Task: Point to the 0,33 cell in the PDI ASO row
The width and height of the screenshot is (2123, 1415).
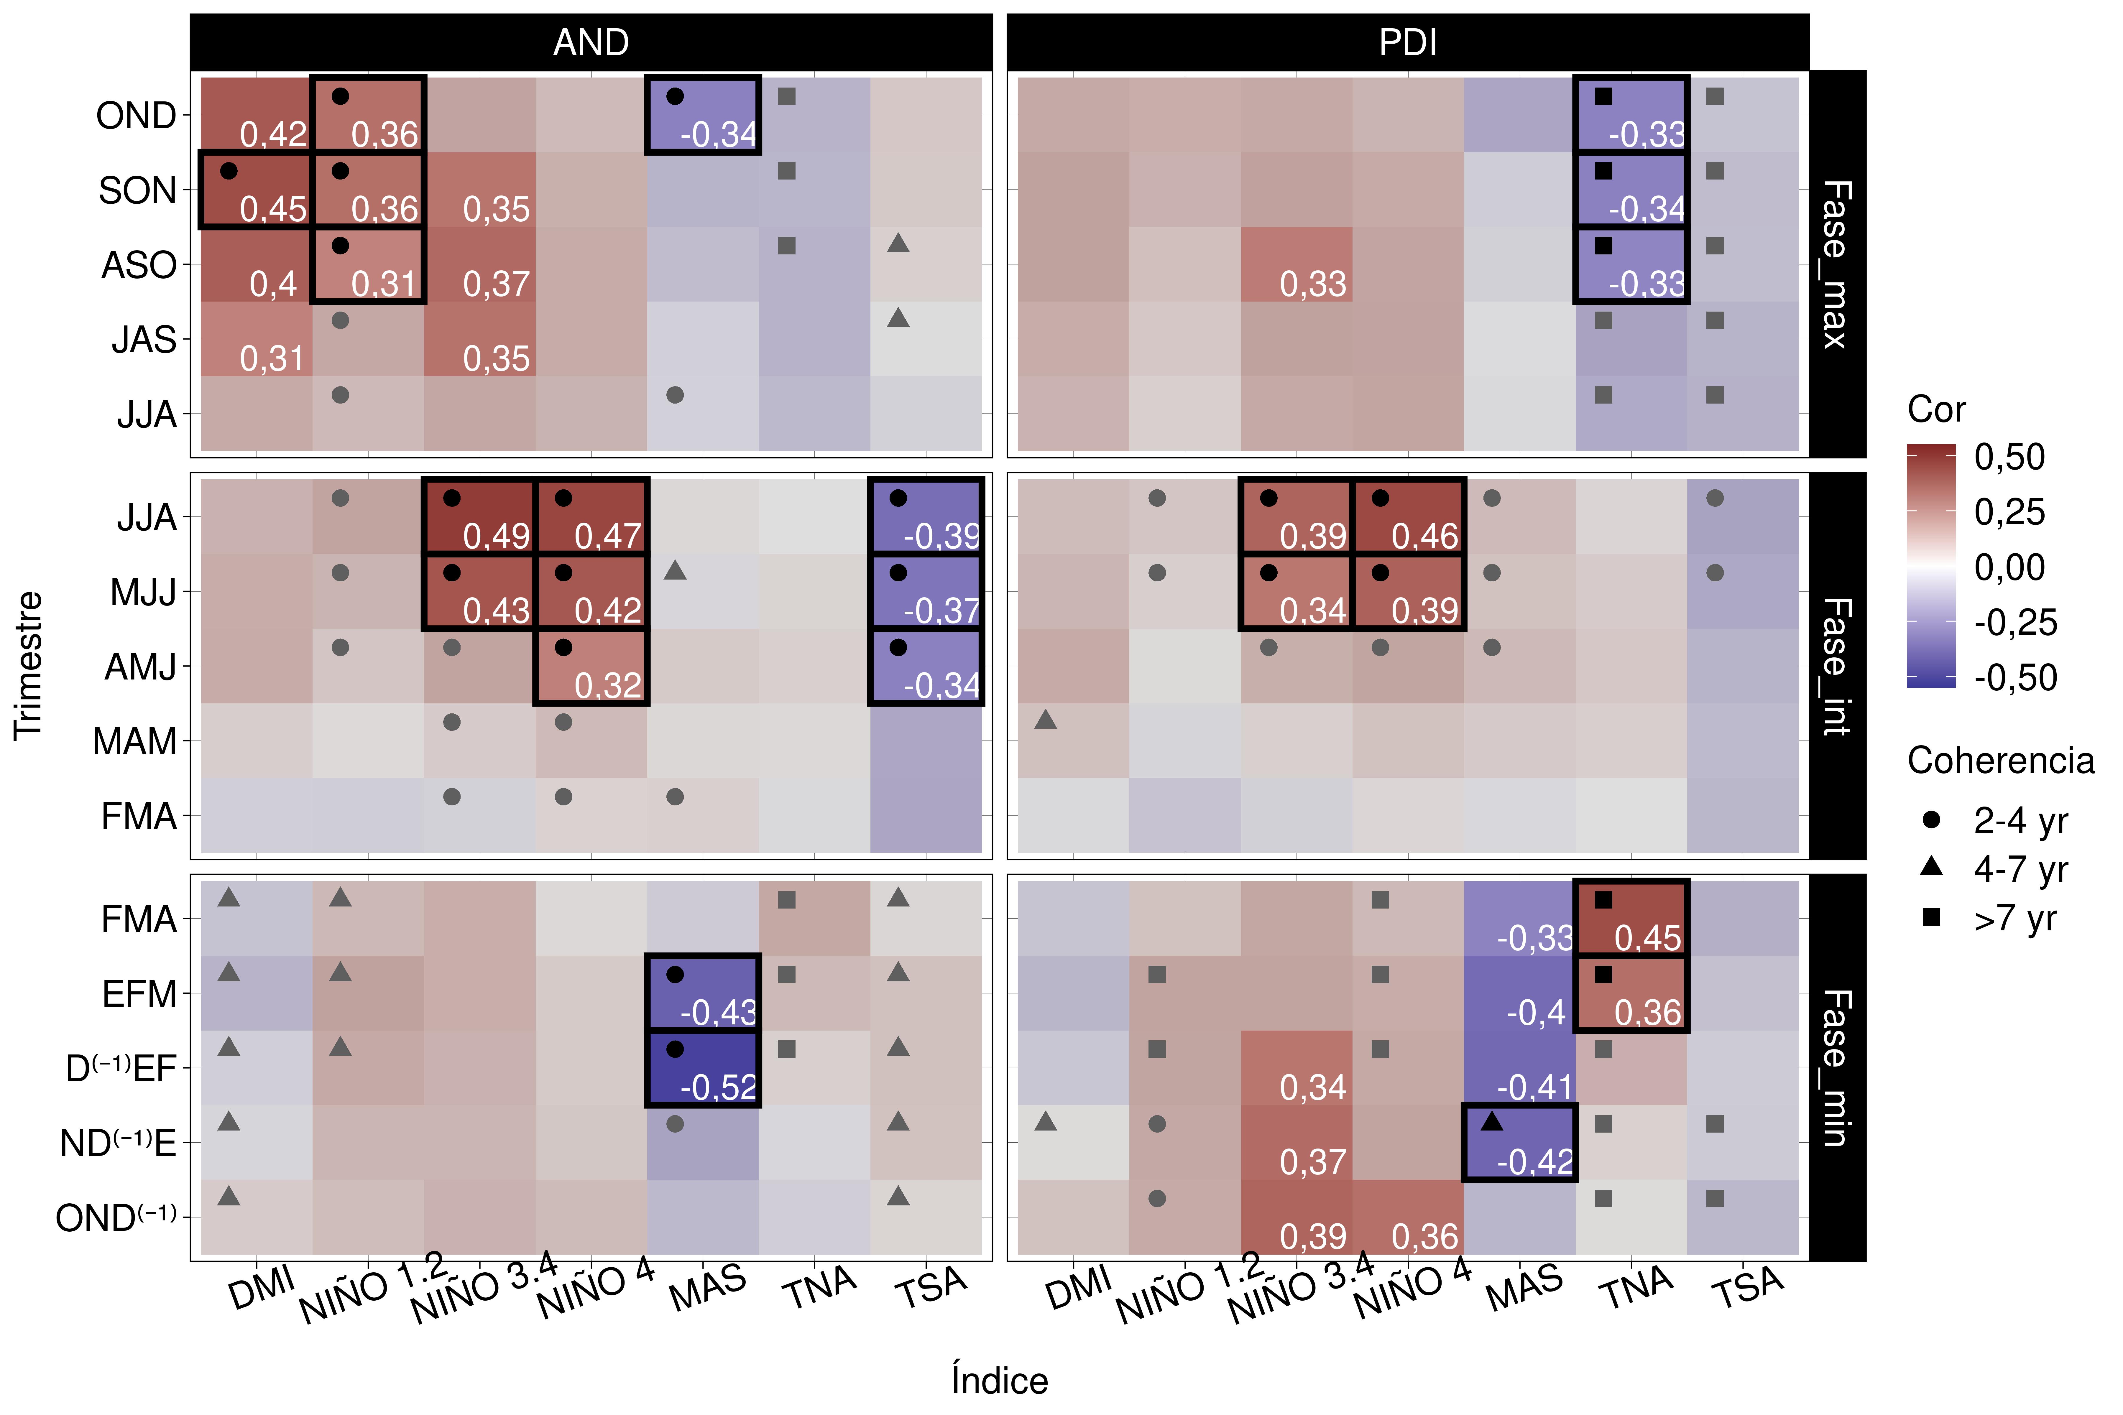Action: tap(1296, 264)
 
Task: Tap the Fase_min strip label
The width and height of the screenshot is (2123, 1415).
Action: tap(1837, 1067)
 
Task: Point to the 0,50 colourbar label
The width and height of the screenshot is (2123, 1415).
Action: tap(2009, 458)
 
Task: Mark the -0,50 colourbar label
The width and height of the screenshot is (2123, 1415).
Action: tap(2015, 678)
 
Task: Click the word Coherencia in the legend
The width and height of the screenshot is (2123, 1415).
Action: tap(2000, 761)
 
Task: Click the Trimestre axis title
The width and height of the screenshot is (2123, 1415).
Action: tap(29, 666)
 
